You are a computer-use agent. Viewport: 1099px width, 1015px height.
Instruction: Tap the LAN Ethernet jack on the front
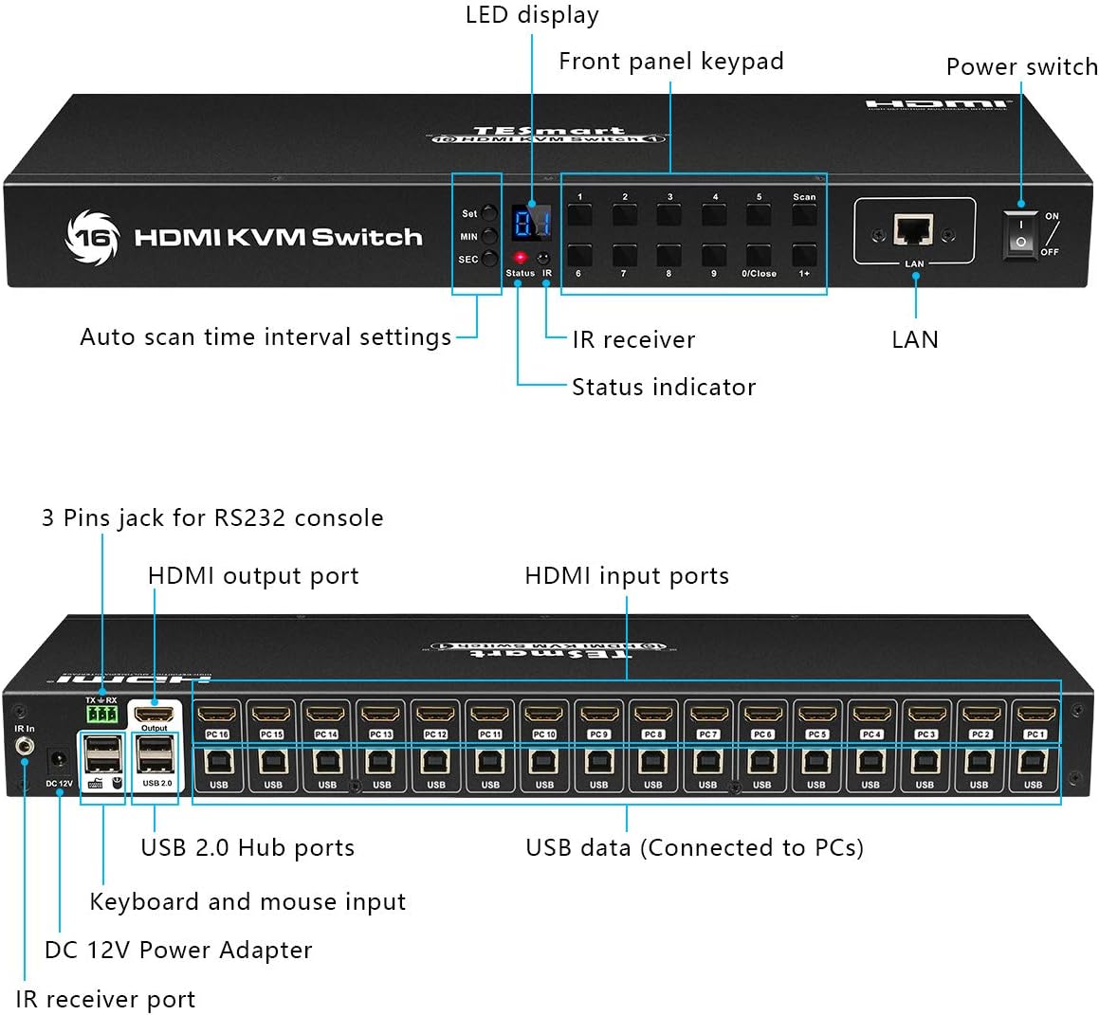pos(914,229)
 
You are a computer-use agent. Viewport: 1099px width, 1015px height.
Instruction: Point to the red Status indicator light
pos(520,258)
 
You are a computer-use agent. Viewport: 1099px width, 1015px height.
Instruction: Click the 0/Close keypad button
pos(759,256)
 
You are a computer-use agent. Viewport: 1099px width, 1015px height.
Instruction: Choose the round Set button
pos(489,213)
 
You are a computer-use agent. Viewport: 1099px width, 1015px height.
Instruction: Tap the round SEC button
pos(489,259)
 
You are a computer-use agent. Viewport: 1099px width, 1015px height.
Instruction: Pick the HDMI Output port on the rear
pos(155,714)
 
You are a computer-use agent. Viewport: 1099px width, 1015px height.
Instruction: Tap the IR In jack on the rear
pos(25,748)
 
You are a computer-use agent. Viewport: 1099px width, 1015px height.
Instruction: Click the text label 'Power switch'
pos(1021,67)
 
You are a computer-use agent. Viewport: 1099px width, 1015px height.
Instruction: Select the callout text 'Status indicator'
pos(664,387)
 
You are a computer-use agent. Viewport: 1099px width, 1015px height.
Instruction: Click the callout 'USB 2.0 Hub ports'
pos(247,847)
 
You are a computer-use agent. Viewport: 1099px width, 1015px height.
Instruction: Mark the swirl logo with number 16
pos(92,237)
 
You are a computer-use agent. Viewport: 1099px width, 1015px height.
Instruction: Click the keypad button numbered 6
pos(579,256)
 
